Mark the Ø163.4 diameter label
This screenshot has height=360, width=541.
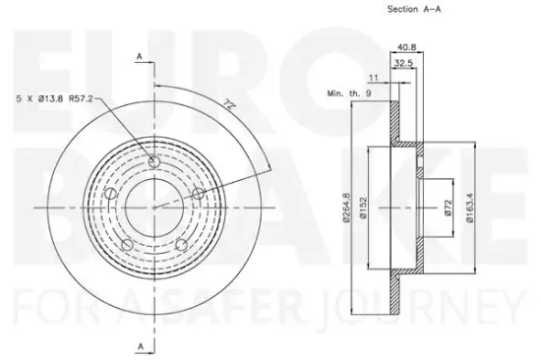coord(474,207)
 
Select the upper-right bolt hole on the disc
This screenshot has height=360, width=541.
coord(196,194)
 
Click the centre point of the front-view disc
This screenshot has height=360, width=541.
coord(151,209)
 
